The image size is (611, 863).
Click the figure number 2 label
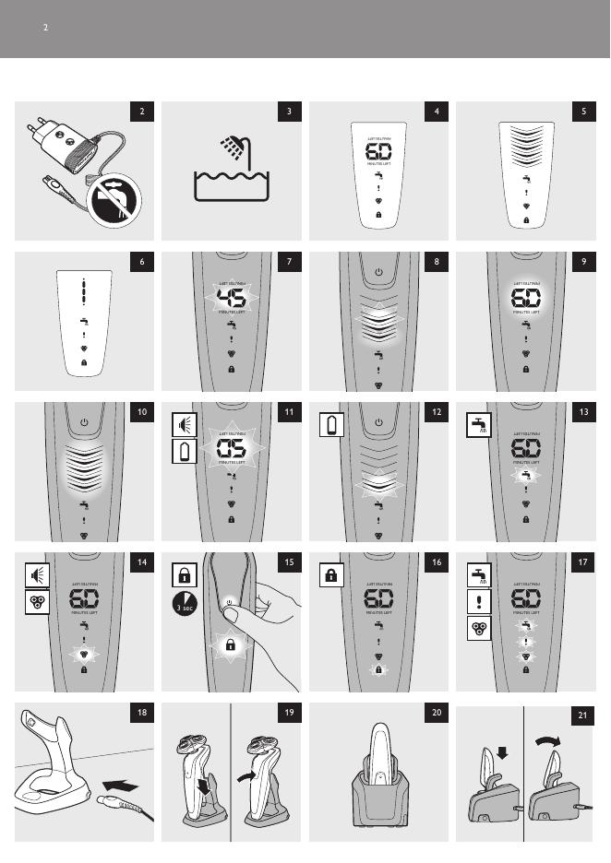142,112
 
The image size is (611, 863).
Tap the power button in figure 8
377,273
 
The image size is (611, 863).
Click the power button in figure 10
84,422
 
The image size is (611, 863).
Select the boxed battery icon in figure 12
330,424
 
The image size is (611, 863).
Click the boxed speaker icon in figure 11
184,424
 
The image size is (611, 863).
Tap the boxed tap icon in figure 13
478,424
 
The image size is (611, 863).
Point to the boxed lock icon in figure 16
330,574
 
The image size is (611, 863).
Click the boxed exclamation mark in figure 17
478,602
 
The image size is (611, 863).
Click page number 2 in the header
44,28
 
